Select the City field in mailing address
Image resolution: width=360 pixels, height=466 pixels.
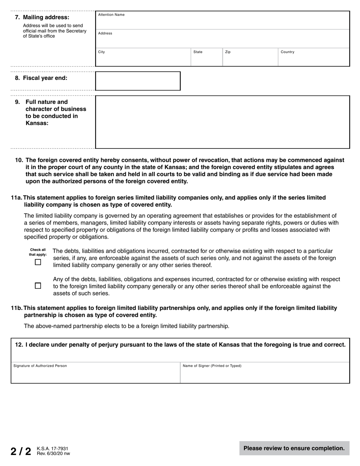tap(143, 58)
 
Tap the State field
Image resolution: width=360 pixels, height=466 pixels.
tap(206, 58)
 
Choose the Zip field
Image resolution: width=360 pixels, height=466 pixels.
tap(250, 58)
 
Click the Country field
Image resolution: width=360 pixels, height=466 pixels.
tap(313, 58)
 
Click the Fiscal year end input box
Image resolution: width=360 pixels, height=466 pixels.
tap(138, 81)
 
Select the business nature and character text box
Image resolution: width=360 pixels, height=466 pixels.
tap(222, 122)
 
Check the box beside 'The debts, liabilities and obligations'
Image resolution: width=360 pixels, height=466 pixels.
tap(38, 262)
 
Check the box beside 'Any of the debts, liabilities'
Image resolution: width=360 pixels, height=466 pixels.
tap(38, 286)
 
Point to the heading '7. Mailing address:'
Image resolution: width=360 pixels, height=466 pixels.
tap(42, 17)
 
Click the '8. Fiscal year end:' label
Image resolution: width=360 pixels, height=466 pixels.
tap(41, 78)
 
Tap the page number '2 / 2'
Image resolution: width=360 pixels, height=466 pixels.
tap(21, 451)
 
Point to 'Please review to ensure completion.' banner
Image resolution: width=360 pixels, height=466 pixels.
tap(294, 448)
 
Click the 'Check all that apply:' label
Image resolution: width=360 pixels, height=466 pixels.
tap(38, 252)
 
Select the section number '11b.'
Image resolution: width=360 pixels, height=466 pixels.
tap(17, 308)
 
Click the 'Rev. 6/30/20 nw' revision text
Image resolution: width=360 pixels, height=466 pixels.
tap(53, 453)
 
